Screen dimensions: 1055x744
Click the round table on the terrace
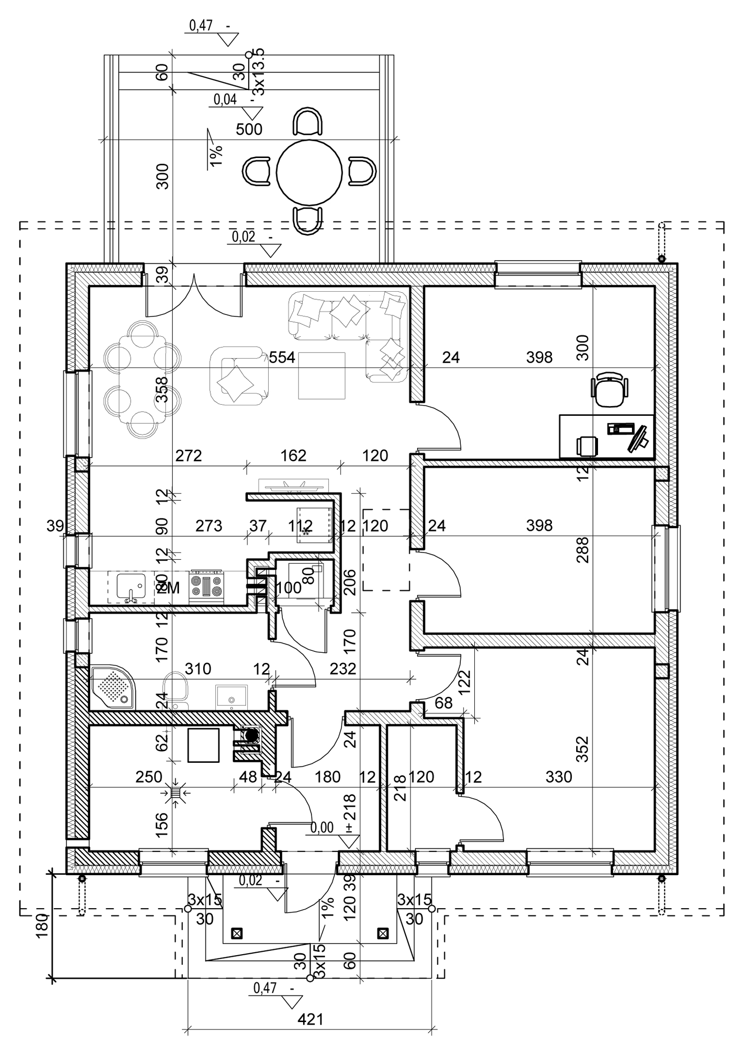pyautogui.click(x=309, y=172)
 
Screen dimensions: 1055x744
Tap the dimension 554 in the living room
pyautogui.click(x=282, y=357)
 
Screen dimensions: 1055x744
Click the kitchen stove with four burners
pyautogui.click(x=207, y=587)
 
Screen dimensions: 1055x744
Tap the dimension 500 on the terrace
pyautogui.click(x=249, y=129)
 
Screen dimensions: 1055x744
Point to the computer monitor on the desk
pyautogui.click(x=638, y=438)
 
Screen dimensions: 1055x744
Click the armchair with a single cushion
pyautogui.click(x=238, y=375)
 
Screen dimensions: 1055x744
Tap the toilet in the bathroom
pyautogui.click(x=175, y=688)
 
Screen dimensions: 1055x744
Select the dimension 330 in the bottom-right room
pyautogui.click(x=558, y=777)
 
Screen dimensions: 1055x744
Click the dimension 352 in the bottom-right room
pyautogui.click(x=582, y=749)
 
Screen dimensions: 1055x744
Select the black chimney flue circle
pyautogui.click(x=252, y=735)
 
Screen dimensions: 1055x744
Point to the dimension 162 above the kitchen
pyautogui.click(x=293, y=455)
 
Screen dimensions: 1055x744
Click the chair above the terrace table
pyautogui.click(x=308, y=122)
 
